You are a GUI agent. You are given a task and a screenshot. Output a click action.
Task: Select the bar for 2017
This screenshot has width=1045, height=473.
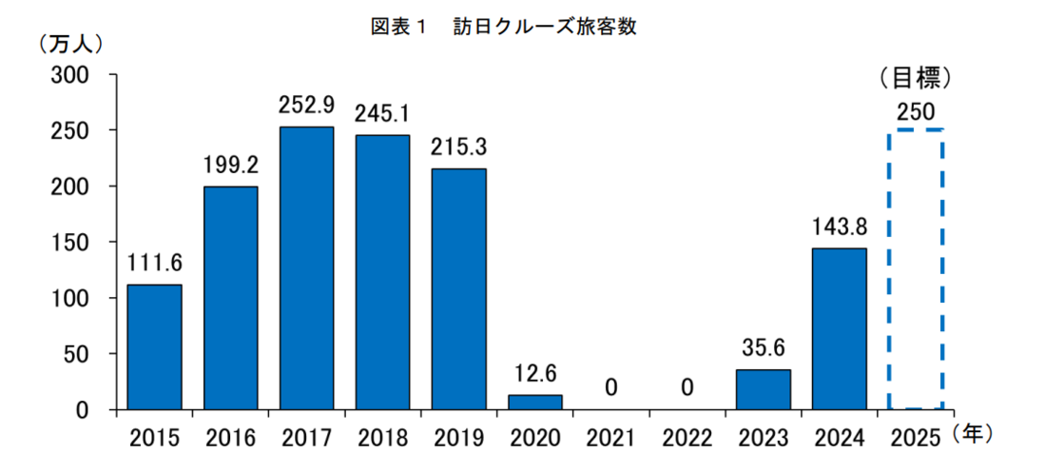[306, 268]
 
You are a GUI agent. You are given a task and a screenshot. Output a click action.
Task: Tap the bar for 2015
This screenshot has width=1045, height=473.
[154, 347]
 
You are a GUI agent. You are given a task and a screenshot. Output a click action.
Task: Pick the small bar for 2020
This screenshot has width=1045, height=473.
[534, 402]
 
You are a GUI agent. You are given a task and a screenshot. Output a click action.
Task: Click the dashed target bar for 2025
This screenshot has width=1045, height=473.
[915, 269]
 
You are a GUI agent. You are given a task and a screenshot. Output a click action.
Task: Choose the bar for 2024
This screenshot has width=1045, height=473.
[839, 328]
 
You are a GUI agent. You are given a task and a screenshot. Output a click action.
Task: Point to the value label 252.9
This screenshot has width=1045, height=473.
[306, 105]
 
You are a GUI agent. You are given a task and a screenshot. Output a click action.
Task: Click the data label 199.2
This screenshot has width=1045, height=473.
[230, 166]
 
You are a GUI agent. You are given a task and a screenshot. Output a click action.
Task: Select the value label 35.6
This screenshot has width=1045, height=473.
[763, 348]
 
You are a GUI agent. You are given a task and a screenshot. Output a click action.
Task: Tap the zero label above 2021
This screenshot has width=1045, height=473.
[610, 387]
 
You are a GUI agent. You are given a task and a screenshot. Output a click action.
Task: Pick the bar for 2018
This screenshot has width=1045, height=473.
[382, 272]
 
